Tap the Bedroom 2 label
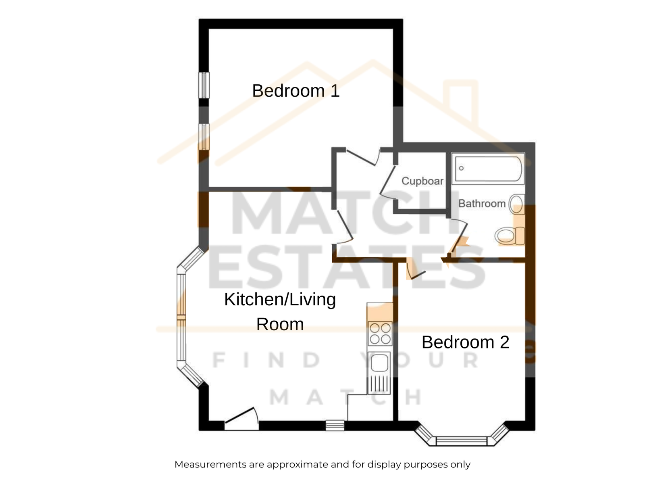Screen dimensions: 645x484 466,342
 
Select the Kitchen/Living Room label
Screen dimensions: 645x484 280,312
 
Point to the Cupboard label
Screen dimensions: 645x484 422,181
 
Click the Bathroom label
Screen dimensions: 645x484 482,203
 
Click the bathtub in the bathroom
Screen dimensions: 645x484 488,169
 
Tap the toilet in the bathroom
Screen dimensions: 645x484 510,236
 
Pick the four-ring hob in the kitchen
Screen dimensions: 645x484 380,334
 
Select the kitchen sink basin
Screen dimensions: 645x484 379,363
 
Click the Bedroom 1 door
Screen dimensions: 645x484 363,158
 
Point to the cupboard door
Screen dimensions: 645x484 387,182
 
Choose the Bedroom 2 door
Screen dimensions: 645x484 415,269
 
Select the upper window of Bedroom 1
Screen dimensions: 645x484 204,85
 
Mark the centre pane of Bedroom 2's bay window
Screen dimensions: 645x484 462,441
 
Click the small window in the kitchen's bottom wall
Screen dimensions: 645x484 335,425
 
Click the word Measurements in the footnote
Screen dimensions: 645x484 211,464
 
